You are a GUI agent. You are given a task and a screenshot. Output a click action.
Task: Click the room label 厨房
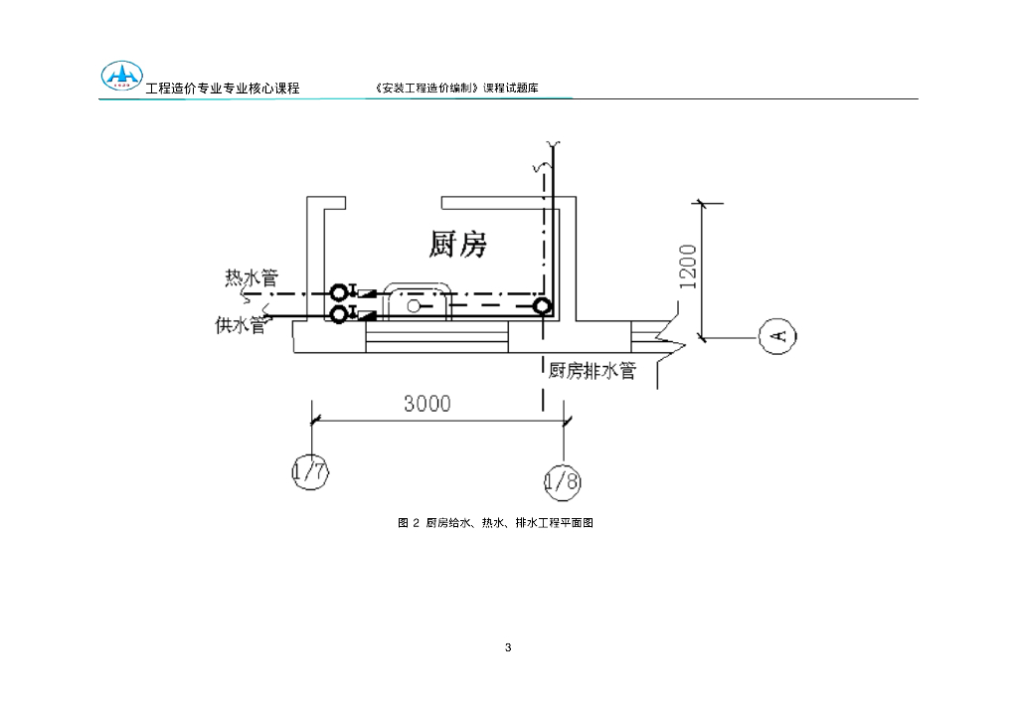click(458, 243)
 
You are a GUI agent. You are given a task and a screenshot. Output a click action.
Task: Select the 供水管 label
click(241, 324)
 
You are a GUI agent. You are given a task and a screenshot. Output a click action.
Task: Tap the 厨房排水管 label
click(592, 371)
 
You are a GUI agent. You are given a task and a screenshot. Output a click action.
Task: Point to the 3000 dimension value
click(426, 403)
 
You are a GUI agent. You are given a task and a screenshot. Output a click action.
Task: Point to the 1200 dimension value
click(688, 267)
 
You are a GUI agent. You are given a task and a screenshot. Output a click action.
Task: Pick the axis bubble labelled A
click(778, 336)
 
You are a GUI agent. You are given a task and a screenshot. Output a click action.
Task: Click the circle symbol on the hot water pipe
click(339, 292)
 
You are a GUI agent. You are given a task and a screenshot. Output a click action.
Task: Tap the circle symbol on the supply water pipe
click(339, 314)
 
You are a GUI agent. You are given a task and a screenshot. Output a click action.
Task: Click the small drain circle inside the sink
click(413, 305)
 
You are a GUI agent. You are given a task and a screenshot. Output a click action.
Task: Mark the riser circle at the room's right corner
click(542, 306)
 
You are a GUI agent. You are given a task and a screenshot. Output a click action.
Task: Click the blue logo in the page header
click(122, 78)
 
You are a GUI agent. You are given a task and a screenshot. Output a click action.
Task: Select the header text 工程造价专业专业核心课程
click(223, 89)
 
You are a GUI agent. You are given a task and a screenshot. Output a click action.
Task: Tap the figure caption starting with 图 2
click(495, 522)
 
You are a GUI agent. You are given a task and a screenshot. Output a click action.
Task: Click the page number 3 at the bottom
click(508, 648)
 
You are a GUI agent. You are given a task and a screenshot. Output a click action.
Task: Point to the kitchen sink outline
click(419, 300)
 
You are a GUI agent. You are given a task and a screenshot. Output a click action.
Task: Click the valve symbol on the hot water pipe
click(363, 292)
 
